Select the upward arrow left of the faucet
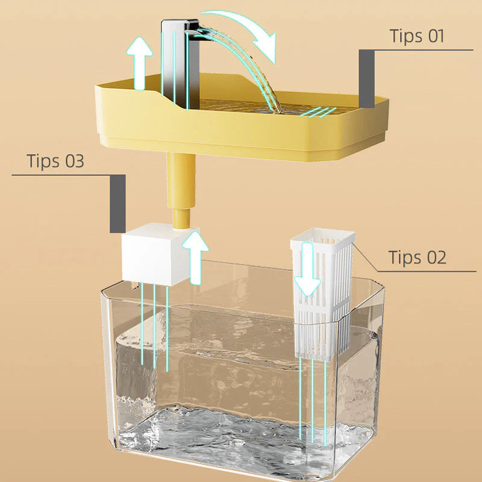click(142, 63)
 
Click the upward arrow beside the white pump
click(195, 257)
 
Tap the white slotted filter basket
click(323, 295)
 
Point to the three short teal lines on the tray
click(318, 112)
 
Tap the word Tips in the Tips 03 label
click(42, 161)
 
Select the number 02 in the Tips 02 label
click(434, 257)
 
